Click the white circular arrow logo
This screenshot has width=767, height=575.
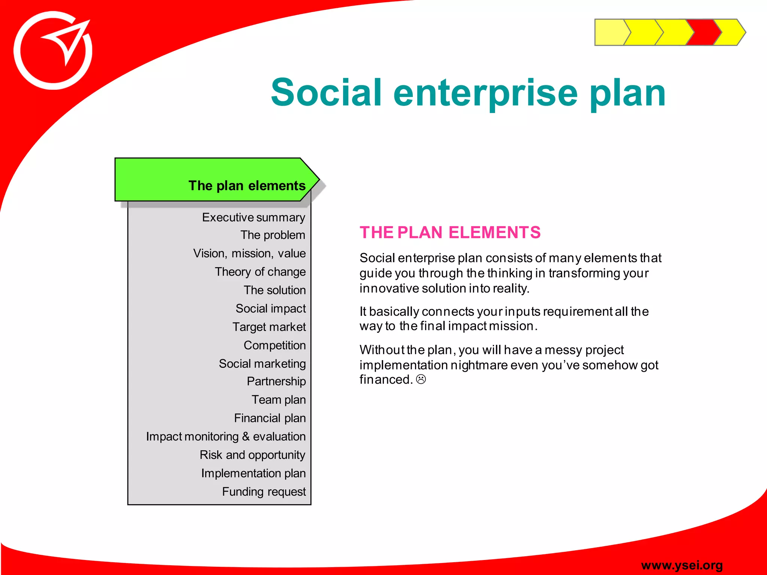(x=53, y=51)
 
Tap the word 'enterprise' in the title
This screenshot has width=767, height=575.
(x=485, y=92)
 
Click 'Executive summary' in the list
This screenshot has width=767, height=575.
(x=254, y=217)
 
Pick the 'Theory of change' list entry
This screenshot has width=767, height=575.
(x=260, y=272)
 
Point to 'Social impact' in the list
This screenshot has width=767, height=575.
(x=270, y=308)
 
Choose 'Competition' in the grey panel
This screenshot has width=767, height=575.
(x=275, y=345)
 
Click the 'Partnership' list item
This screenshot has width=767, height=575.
(x=276, y=381)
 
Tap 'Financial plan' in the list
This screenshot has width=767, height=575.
(x=270, y=418)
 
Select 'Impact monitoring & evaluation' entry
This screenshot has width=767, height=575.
(x=226, y=436)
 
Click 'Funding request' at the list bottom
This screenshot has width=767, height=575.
(x=264, y=492)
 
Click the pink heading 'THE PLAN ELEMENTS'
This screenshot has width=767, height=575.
(x=450, y=232)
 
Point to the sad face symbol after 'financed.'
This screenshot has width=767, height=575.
(x=421, y=380)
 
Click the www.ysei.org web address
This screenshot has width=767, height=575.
(x=682, y=565)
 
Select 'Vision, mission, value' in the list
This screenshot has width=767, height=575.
(x=249, y=253)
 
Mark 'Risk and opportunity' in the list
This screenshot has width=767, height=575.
(x=252, y=455)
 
